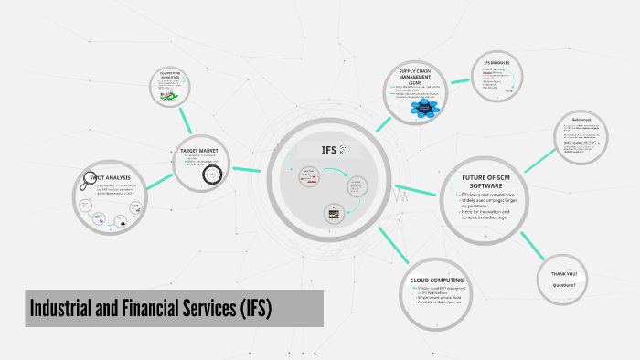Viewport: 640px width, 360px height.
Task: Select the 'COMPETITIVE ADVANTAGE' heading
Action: pyautogui.click(x=171, y=75)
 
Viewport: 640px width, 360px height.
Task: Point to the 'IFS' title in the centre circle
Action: pyautogui.click(x=330, y=151)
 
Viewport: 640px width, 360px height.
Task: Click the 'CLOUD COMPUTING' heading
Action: pyautogui.click(x=437, y=280)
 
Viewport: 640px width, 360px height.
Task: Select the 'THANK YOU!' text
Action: pyautogui.click(x=563, y=274)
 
